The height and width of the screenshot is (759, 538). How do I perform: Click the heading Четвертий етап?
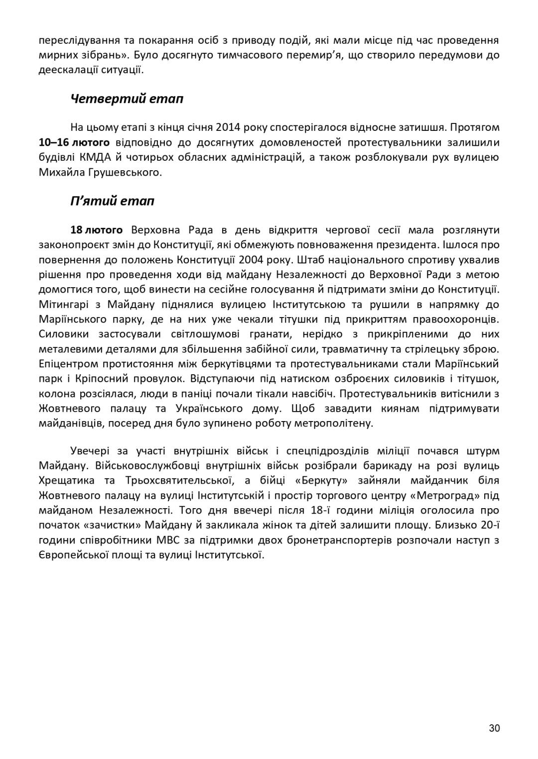127,99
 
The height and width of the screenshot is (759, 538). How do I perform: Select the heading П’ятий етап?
112,201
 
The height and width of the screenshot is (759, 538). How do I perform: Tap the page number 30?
494,729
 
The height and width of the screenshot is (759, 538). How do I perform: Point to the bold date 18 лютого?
97,230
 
